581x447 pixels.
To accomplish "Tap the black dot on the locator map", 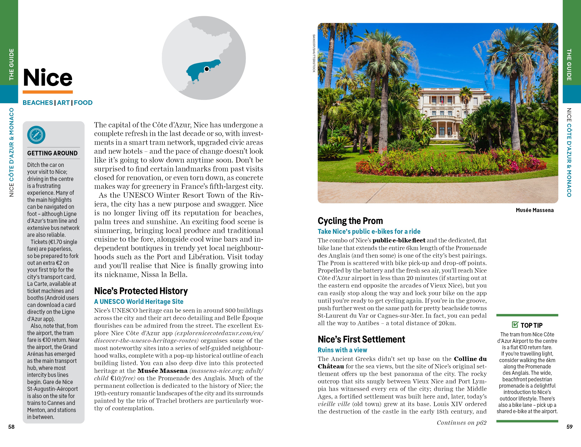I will (206, 69).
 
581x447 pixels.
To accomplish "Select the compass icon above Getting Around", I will (36, 135).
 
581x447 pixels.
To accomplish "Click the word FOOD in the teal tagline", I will (83, 103).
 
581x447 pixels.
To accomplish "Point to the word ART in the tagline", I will (63, 103).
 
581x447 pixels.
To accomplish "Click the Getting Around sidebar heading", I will (52, 153).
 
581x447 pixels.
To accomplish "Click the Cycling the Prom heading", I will (350, 221).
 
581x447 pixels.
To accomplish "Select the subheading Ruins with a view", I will (342, 350).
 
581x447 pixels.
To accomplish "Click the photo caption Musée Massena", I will (535, 210).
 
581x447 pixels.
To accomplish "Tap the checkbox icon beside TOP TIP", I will (515, 324).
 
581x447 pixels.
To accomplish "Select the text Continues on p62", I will (461, 423).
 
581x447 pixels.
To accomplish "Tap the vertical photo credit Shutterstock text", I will (314, 53).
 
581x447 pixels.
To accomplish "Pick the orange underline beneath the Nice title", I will (48, 92).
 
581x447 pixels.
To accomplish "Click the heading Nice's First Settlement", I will (361, 339).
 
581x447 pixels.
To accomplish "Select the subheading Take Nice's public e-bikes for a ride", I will (369, 231).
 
